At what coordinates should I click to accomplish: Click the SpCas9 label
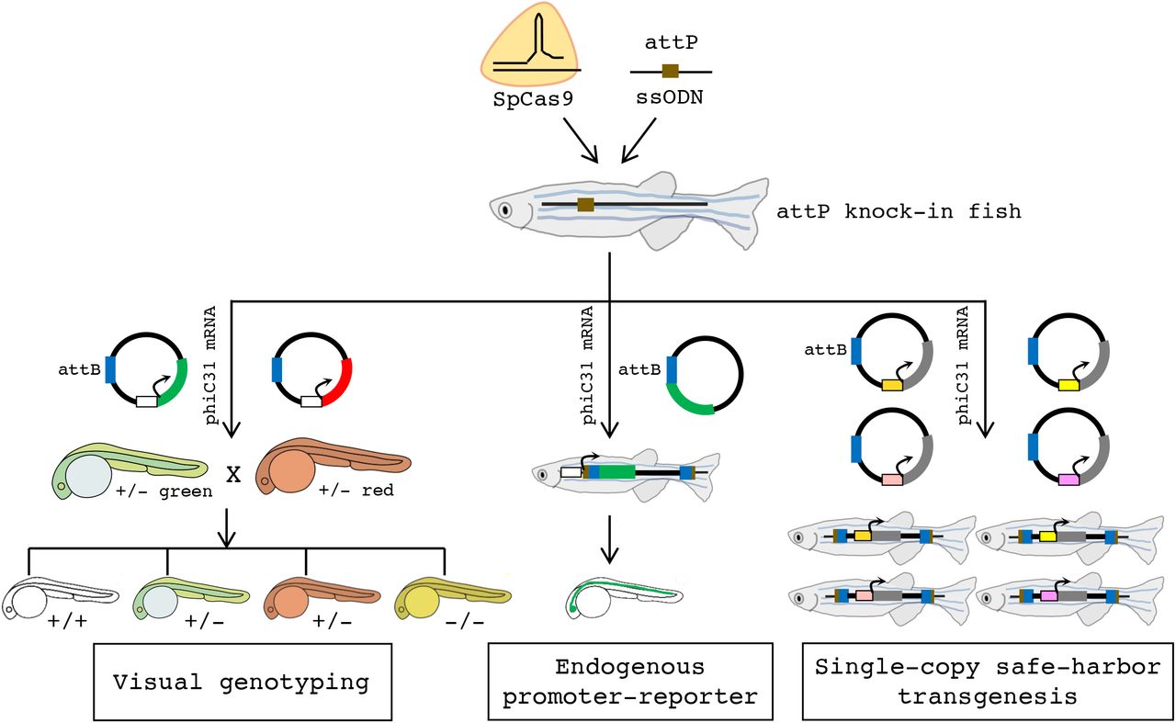pos(533,98)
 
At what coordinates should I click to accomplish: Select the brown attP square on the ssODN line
pos(671,71)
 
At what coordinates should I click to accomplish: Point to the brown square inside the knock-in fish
pos(585,204)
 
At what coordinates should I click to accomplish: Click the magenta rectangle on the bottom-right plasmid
pos(1068,480)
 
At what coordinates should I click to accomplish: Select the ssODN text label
pos(671,98)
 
